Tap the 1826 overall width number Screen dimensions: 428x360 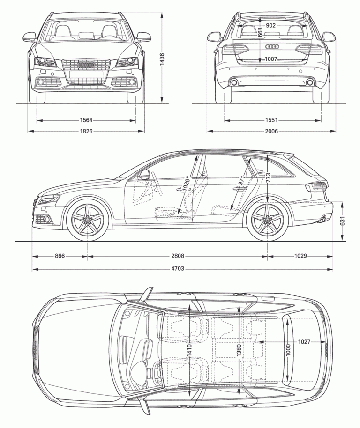[86, 131]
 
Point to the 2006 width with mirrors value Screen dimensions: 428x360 [271, 131]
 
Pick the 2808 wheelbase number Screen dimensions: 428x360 [177, 256]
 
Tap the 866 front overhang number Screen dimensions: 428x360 [59, 256]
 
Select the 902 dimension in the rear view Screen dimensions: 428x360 [270, 26]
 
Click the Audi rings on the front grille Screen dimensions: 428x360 [86, 65]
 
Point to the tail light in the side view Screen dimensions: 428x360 [316, 187]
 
